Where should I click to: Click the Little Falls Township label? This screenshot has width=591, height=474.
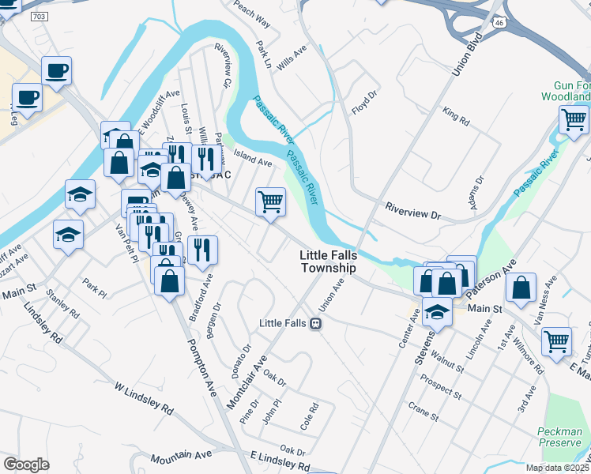(x=328, y=261)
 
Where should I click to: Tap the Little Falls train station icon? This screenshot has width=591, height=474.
(x=315, y=323)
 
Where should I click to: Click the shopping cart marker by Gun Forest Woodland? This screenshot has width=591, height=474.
(x=574, y=120)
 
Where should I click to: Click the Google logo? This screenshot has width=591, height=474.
(x=26, y=465)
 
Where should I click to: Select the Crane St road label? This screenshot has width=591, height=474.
(x=423, y=410)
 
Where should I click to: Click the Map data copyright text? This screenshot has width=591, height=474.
(x=558, y=468)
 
